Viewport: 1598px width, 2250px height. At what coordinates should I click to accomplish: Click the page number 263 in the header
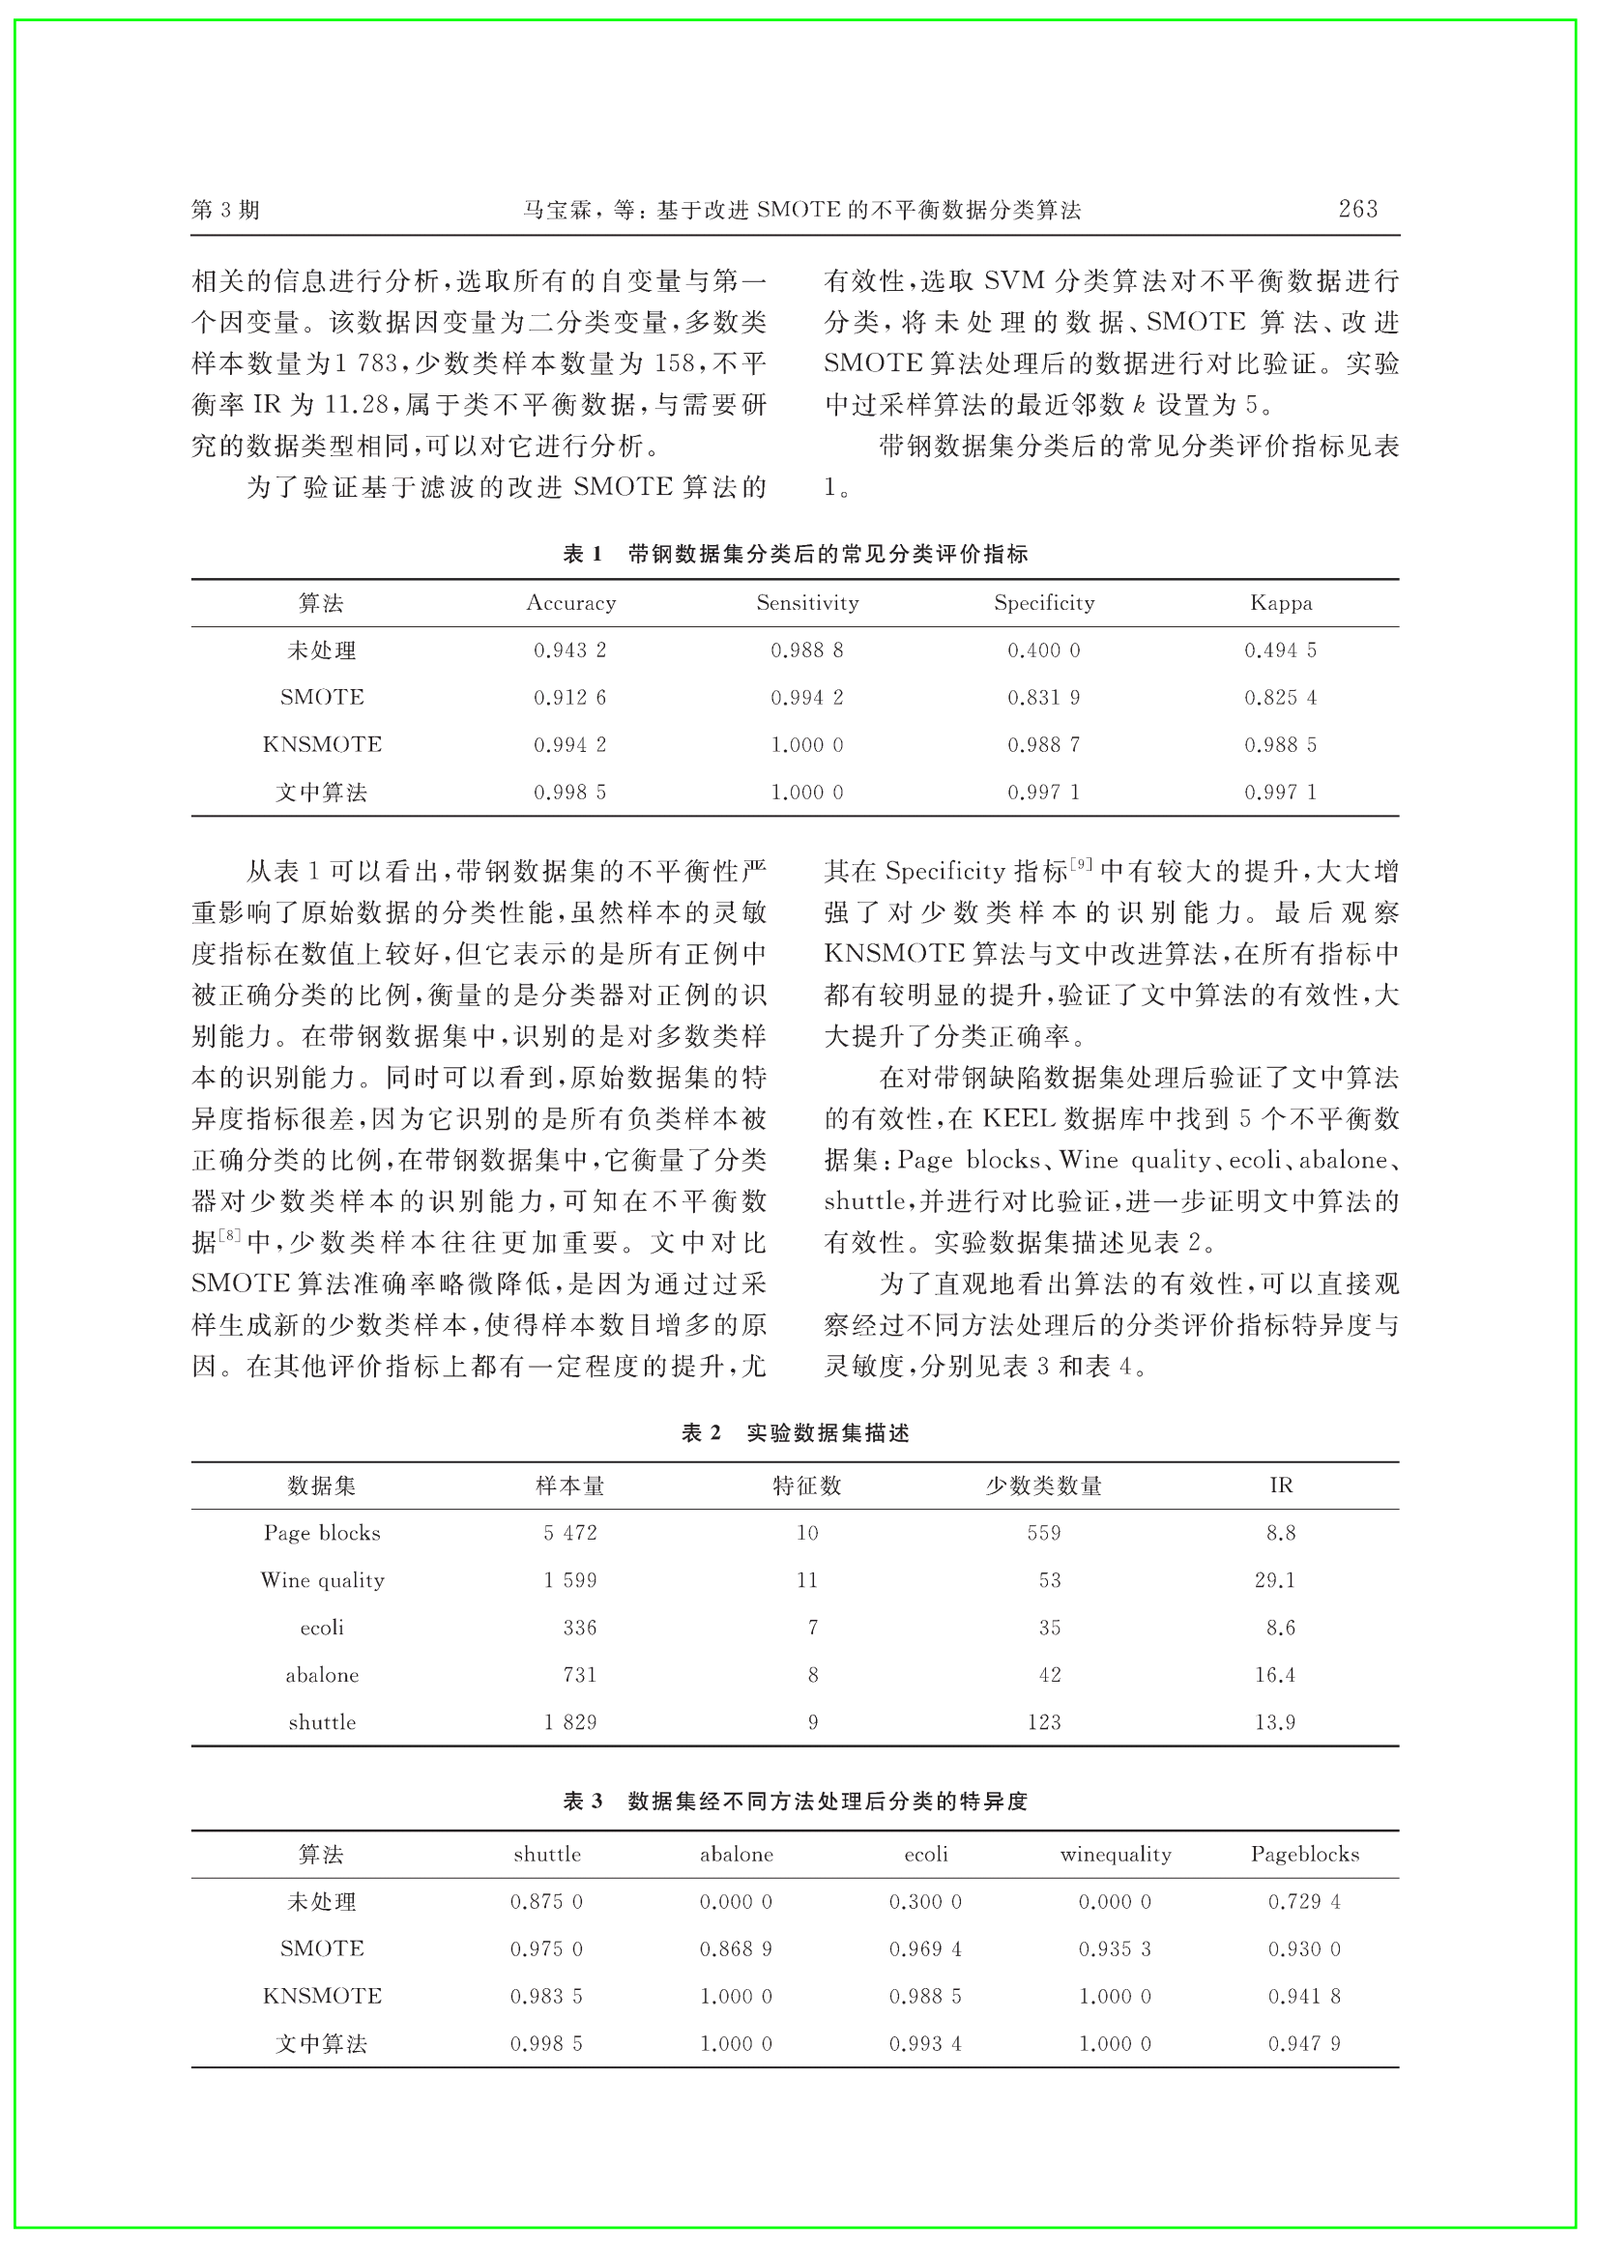pos(1357,209)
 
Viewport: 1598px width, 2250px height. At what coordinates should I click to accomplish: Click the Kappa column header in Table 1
pos(1280,603)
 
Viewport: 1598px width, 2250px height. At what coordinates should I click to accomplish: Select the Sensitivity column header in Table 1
pos(807,603)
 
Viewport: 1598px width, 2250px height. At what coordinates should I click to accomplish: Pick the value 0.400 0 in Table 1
pos(1043,650)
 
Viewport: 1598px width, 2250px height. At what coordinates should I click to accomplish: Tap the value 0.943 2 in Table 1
pos(569,650)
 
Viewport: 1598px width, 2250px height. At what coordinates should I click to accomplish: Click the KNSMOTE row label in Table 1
pos(322,745)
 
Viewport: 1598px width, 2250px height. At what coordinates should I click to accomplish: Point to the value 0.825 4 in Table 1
pos(1280,698)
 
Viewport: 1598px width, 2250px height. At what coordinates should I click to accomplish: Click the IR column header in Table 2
pos(1280,1486)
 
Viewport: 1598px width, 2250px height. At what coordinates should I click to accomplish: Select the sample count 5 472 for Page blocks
pos(569,1533)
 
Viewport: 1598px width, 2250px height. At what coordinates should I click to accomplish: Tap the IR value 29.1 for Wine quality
pos(1274,1580)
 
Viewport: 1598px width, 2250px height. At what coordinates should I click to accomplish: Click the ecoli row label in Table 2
pos(322,1628)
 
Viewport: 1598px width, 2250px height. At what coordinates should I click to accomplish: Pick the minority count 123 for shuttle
pos(1043,1721)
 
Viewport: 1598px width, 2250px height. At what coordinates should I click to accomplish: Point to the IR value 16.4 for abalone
pos(1274,1675)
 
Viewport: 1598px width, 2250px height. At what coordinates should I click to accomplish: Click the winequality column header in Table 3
pos(1115,1855)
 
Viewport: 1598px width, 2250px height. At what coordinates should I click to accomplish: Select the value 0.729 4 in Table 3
pos(1304,1902)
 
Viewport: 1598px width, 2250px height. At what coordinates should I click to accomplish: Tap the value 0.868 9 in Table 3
pos(736,1949)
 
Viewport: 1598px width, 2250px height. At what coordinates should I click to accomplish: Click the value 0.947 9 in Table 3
pos(1304,2043)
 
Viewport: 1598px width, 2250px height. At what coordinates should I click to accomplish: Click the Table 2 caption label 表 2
pos(701,1433)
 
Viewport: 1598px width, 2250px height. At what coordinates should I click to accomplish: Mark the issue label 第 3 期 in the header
pos(225,210)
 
